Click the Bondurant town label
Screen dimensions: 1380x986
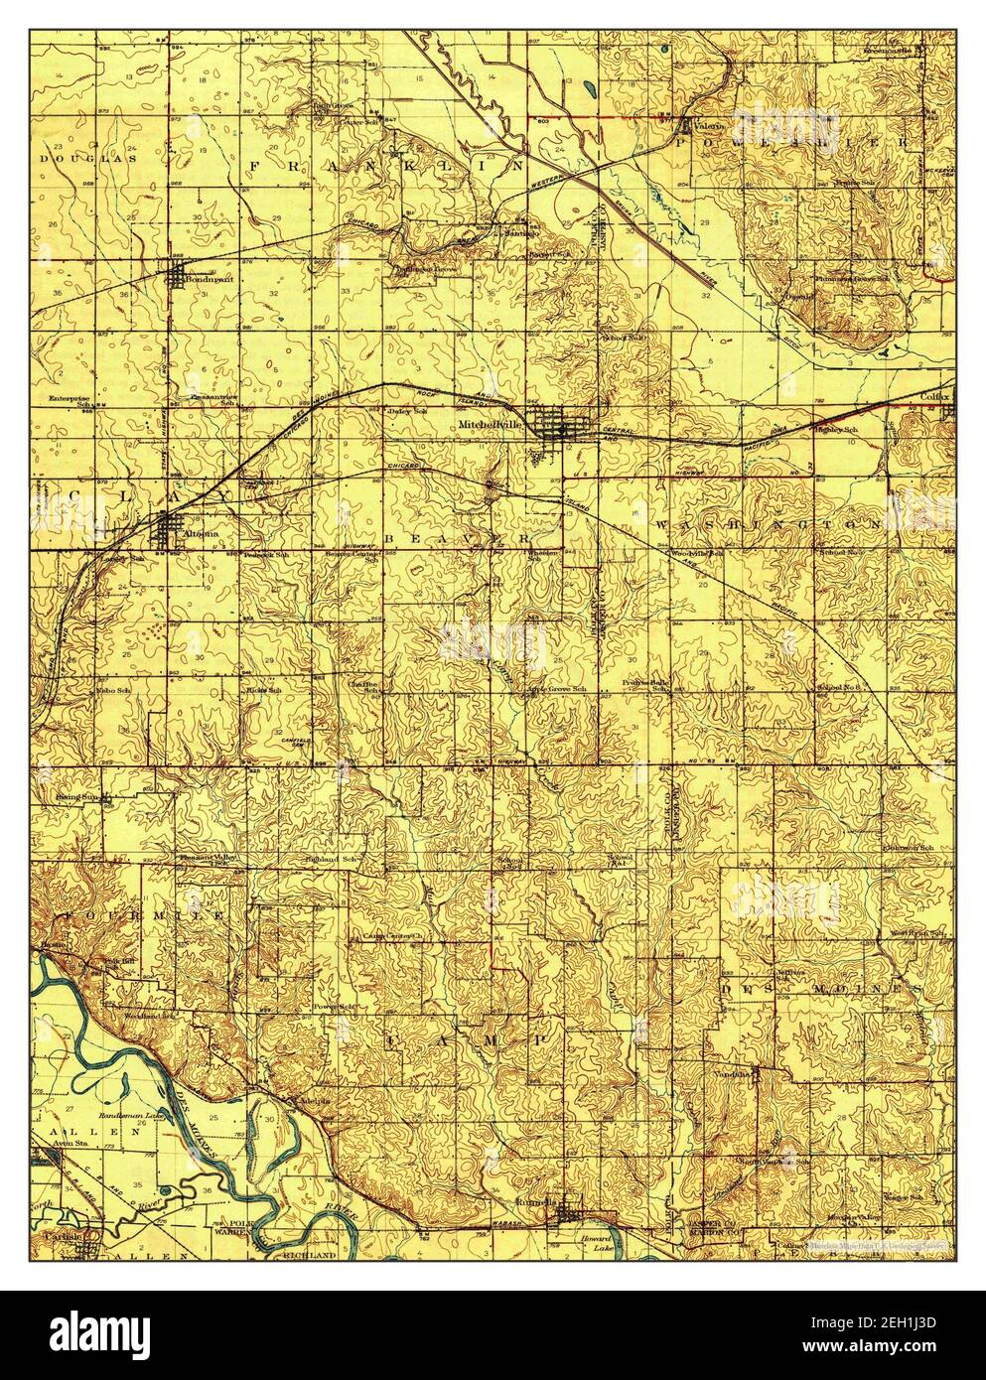(204, 280)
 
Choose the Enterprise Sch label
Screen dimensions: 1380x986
(77, 401)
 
